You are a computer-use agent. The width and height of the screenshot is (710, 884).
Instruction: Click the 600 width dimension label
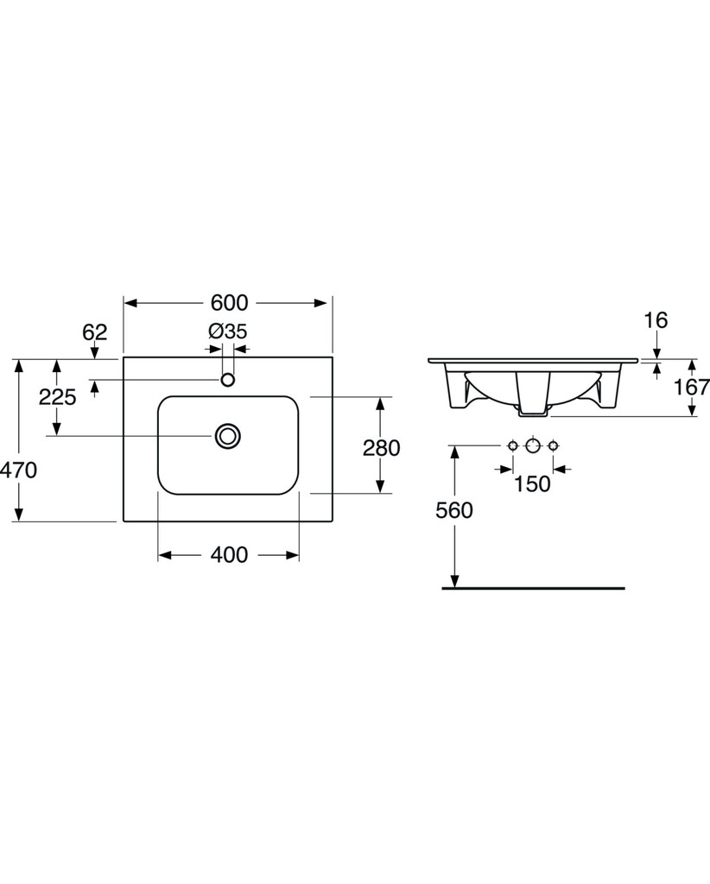[x=229, y=303]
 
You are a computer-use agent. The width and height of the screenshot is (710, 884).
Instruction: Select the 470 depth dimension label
[x=19, y=470]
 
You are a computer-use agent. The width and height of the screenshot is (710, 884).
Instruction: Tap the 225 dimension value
[x=57, y=397]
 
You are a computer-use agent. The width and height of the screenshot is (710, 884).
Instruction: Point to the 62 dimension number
[x=95, y=332]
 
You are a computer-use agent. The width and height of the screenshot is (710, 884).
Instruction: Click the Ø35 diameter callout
[x=228, y=331]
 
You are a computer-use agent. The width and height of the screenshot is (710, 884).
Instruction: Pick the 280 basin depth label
[x=381, y=448]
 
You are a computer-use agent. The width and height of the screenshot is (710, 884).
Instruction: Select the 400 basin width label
[x=229, y=555]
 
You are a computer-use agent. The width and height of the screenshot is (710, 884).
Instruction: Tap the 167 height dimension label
[x=692, y=387]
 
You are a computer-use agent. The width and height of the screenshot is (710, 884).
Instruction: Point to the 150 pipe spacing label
[x=532, y=483]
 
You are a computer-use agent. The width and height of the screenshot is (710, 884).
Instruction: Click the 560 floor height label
[x=454, y=510]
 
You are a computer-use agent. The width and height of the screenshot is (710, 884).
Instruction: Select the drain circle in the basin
[x=228, y=436]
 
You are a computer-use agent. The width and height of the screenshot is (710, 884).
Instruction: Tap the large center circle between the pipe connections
[x=532, y=446]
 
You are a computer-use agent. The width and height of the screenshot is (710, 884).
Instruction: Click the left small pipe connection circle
[x=512, y=446]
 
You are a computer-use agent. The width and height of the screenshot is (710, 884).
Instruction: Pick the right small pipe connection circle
[x=553, y=446]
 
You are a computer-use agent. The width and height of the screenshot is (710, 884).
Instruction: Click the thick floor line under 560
[x=534, y=588]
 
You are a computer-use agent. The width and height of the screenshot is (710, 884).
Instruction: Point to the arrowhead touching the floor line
[x=454, y=580]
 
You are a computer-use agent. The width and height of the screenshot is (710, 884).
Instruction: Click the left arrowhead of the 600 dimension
[x=130, y=303]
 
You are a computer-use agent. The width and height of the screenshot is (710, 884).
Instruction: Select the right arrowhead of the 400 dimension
[x=292, y=555]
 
